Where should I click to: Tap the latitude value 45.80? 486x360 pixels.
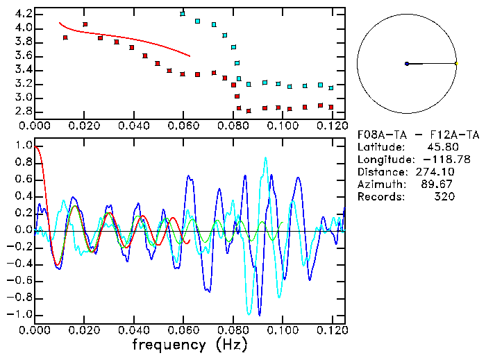[440, 147]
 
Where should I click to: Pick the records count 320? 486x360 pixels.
[443, 197]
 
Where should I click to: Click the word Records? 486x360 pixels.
[380, 197]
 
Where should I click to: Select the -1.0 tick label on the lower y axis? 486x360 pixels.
[20, 314]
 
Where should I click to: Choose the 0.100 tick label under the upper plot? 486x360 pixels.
[282, 126]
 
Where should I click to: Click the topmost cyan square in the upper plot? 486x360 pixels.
[183, 14]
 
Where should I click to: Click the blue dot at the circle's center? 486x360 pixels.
[407, 64]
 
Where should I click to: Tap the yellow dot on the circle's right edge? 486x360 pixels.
[456, 64]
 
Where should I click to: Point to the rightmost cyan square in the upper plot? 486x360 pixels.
[331, 88]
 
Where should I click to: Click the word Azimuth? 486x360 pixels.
[380, 185]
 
